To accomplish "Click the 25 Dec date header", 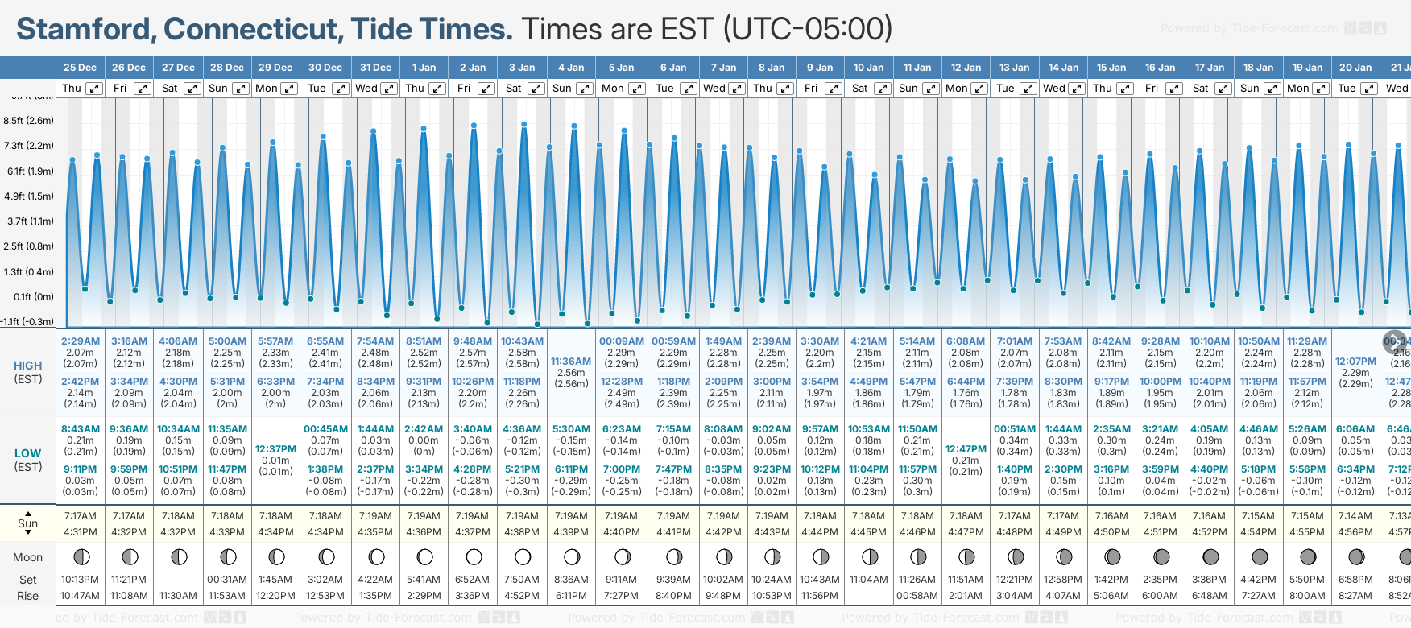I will tap(80, 68).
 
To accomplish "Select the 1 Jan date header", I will tap(424, 68).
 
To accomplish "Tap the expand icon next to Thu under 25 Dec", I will tap(94, 89).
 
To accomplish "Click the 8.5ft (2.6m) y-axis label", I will tap(29, 121).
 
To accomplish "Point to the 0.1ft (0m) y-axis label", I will tap(33, 297).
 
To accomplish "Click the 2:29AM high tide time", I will tap(80, 341).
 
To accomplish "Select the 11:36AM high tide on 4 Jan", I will tap(571, 362).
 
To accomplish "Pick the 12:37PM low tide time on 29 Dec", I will tap(275, 449).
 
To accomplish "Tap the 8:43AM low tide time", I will tap(80, 429).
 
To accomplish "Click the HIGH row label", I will tap(27, 366).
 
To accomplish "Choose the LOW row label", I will tap(27, 453).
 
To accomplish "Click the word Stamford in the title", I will tap(85, 29).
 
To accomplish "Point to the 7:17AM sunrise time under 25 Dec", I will tap(80, 516).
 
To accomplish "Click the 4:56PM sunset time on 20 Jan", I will tap(1355, 532).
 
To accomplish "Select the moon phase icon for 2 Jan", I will tap(474, 556).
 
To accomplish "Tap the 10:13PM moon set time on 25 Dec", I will tap(80, 580).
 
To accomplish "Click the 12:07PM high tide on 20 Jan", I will tap(1355, 362).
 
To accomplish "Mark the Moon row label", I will tap(27, 557).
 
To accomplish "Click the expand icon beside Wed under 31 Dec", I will tap(388, 89).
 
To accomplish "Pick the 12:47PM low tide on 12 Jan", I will tap(966, 449).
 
